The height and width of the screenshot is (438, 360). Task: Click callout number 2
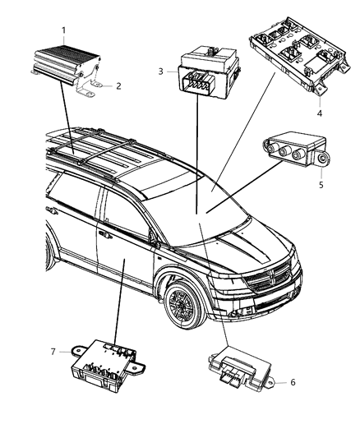(118, 85)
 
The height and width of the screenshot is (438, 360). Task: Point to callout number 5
(321, 184)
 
